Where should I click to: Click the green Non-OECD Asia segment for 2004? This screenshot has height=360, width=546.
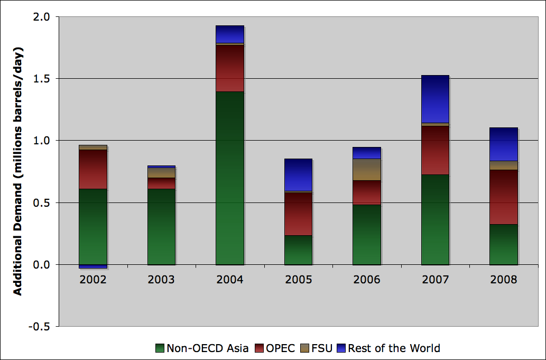(x=230, y=178)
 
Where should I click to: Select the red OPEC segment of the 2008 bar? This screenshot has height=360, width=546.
(x=503, y=197)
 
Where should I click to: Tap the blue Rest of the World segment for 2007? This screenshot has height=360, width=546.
(x=435, y=99)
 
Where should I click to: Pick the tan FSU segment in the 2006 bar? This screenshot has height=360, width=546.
(x=366, y=169)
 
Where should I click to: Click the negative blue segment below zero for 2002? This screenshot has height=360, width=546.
(x=93, y=266)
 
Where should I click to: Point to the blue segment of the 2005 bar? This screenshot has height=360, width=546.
(x=298, y=174)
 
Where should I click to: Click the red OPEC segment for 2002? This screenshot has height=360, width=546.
(x=93, y=169)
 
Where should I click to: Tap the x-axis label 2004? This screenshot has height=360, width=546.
(x=230, y=280)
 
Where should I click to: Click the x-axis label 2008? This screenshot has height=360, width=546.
(x=503, y=280)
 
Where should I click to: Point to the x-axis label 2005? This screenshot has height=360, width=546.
(x=298, y=280)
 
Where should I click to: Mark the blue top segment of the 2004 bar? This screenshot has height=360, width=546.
(x=230, y=34)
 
